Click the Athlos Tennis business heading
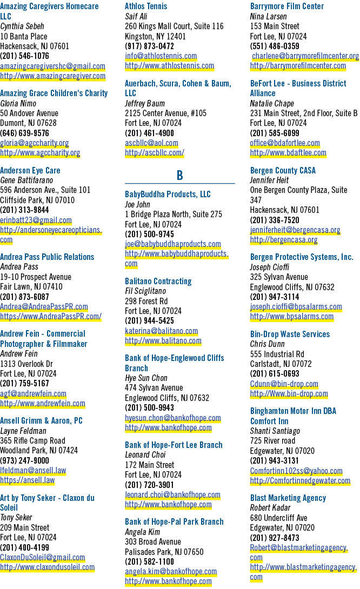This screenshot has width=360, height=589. [x=146, y=6]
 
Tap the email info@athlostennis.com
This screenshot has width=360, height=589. [x=161, y=56]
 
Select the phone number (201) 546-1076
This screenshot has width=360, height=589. [x=24, y=56]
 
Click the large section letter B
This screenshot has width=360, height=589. [x=179, y=176]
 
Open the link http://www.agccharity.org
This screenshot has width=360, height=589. [x=40, y=153]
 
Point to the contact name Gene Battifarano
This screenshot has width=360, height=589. [x=26, y=180]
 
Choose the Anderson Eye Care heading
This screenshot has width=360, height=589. [x=30, y=171]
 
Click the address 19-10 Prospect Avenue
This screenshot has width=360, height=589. [x=36, y=277]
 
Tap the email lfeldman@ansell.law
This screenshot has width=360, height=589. [x=33, y=470]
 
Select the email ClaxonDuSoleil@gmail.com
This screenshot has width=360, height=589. [x=43, y=558]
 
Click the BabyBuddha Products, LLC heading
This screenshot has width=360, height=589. [x=168, y=194]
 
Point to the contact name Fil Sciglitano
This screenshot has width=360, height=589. [x=145, y=291]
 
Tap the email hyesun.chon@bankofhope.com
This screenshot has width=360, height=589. [x=173, y=418]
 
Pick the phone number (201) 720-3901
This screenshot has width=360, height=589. [x=150, y=485]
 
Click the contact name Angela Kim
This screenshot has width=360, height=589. [x=142, y=532]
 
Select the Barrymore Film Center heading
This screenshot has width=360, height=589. [x=286, y=6]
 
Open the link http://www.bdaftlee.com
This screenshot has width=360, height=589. [x=288, y=153]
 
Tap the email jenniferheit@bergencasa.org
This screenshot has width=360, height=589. [x=295, y=230]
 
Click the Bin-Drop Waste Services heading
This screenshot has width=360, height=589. [x=290, y=334]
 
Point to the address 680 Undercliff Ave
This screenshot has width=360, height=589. [x=278, y=518]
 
